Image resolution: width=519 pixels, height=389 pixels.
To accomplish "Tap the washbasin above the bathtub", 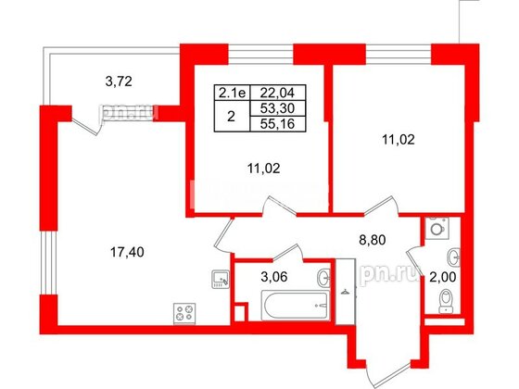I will pos(322,275).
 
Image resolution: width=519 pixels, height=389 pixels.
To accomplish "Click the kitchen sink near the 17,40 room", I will pos(220,277).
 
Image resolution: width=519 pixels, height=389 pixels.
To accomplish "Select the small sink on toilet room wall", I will pos(453,256).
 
